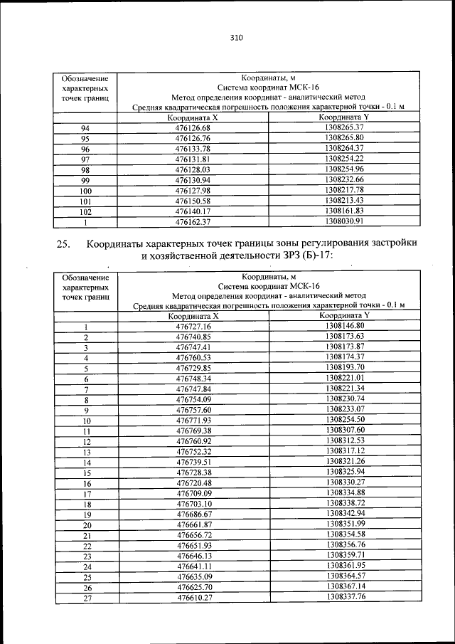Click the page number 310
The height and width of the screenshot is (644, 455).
[x=237, y=38]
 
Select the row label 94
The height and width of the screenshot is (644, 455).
[x=85, y=127]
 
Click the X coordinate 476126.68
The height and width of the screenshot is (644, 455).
[x=193, y=127]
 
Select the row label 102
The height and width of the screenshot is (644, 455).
[x=85, y=211]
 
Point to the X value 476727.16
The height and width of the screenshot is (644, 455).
[x=193, y=327]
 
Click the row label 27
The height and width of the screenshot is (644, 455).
[x=86, y=598]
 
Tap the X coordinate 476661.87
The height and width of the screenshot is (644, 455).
[x=193, y=524]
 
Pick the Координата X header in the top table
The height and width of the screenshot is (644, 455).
[x=193, y=117]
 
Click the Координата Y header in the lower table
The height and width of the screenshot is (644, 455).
[x=345, y=315]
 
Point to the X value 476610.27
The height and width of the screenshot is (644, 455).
[x=193, y=598]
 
